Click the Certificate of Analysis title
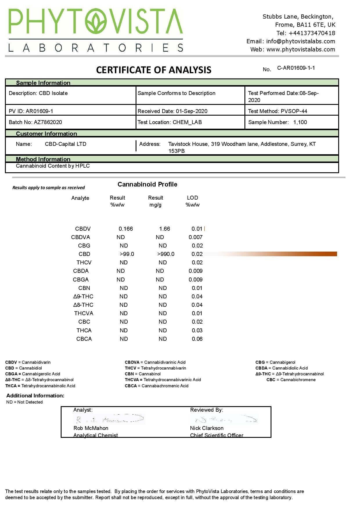[154, 70]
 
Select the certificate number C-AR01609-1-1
[296, 68]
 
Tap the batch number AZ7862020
[48, 122]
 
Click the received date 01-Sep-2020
[192, 111]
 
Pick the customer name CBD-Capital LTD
[66, 144]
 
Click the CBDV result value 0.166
[126, 229]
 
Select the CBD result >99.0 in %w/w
[127, 254]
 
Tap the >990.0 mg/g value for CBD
[166, 254]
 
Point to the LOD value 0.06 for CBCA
[197, 339]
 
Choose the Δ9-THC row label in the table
[83, 297]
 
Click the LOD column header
[192, 198]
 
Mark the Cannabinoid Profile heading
[147, 184]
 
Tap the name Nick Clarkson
[207, 428]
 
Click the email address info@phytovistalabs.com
[300, 41]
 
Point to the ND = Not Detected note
[24, 402]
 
